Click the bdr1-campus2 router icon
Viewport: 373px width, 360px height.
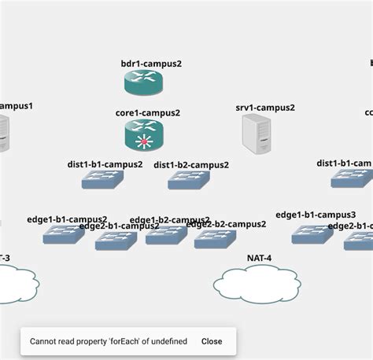click(143, 82)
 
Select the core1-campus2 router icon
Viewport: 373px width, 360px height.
click(143, 134)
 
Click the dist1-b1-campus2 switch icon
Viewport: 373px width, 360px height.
click(102, 179)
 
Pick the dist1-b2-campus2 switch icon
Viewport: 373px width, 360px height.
click(189, 180)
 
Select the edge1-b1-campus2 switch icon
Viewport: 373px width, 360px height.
click(64, 233)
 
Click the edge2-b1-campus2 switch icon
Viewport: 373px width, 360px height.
click(116, 241)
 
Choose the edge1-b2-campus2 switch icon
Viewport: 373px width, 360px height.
click(166, 234)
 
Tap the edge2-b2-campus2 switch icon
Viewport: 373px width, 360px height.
click(215, 239)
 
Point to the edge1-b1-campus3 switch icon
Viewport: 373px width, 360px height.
click(312, 233)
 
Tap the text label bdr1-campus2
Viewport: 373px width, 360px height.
click(151, 64)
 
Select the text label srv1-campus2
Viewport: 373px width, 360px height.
click(265, 108)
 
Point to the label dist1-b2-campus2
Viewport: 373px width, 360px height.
click(191, 165)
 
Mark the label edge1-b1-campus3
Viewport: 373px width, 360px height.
click(316, 215)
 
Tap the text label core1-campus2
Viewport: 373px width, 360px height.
click(148, 113)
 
